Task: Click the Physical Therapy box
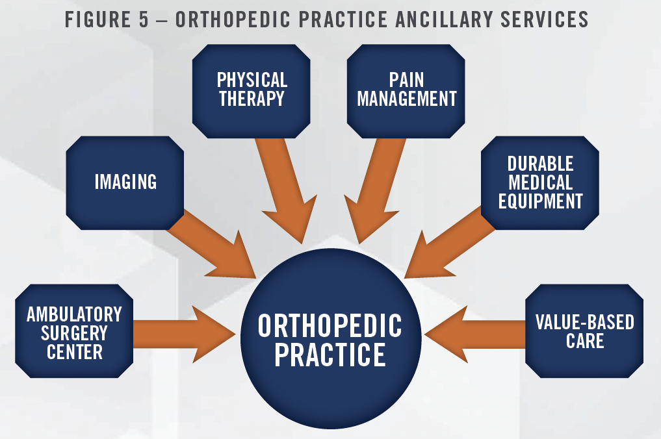click(x=252, y=91)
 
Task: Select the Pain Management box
click(x=406, y=91)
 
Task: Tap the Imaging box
click(x=125, y=183)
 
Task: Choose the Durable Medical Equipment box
click(x=540, y=183)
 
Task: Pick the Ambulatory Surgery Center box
click(x=74, y=331)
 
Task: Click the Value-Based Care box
click(x=584, y=331)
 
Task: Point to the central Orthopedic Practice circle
click(x=331, y=339)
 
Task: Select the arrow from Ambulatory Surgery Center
click(x=184, y=334)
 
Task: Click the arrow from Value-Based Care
click(x=475, y=334)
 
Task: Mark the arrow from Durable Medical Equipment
click(x=449, y=244)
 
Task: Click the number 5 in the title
click(x=144, y=19)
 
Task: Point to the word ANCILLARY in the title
click(x=445, y=19)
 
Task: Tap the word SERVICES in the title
click(x=544, y=19)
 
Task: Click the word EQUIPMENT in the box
click(x=541, y=201)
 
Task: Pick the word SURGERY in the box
click(x=74, y=333)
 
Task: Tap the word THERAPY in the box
click(x=252, y=99)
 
